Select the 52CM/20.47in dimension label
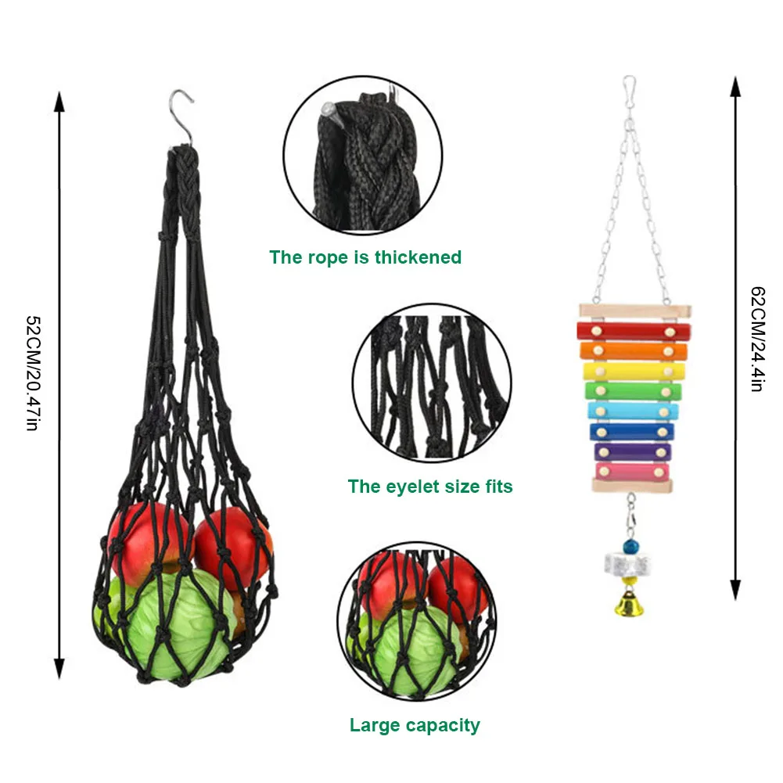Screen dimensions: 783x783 point(32,374)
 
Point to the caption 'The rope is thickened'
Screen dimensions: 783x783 point(365,257)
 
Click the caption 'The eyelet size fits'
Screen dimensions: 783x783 point(430,487)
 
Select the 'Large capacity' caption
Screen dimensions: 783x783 point(415,725)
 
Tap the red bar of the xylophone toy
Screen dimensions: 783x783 point(634,331)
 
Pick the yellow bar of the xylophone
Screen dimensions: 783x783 point(634,372)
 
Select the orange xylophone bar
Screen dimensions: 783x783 point(634,351)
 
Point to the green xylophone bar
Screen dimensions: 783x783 point(634,391)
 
